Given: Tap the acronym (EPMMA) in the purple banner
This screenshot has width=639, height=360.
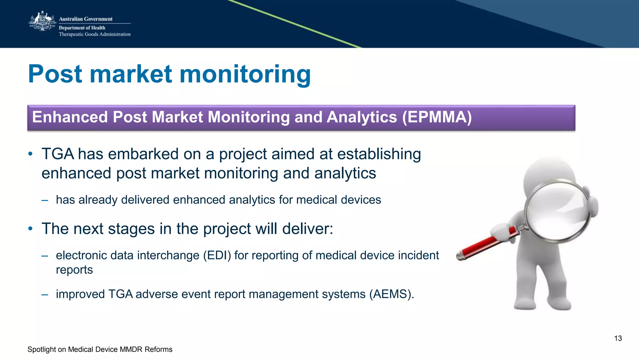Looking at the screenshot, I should point(437,117).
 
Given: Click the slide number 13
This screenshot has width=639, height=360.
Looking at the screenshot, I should point(618,338).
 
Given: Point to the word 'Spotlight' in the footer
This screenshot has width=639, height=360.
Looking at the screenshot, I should point(41,349).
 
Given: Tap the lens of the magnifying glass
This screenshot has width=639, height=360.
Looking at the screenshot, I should point(557,211).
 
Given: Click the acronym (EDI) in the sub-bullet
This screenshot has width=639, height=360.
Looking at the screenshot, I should point(217,256).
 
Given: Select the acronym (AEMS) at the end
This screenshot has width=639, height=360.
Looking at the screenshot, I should point(391,294).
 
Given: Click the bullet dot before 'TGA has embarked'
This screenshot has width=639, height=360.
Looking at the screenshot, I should point(30,154).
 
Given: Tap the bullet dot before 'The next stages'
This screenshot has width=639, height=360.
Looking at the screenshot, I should point(30,229).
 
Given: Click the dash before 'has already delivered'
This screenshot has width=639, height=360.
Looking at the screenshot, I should point(45,200).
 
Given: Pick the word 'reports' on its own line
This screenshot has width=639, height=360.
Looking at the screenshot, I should point(74,270).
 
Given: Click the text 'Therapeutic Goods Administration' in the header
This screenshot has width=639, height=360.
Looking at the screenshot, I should point(95,34).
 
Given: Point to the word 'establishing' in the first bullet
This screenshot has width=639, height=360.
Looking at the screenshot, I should point(379,155).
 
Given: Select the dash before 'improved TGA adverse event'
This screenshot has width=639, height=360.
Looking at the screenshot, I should point(45,294).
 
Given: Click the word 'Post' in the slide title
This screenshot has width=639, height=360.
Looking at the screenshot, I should point(56,74).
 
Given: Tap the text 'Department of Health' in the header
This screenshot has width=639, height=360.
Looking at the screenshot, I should point(82,28).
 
